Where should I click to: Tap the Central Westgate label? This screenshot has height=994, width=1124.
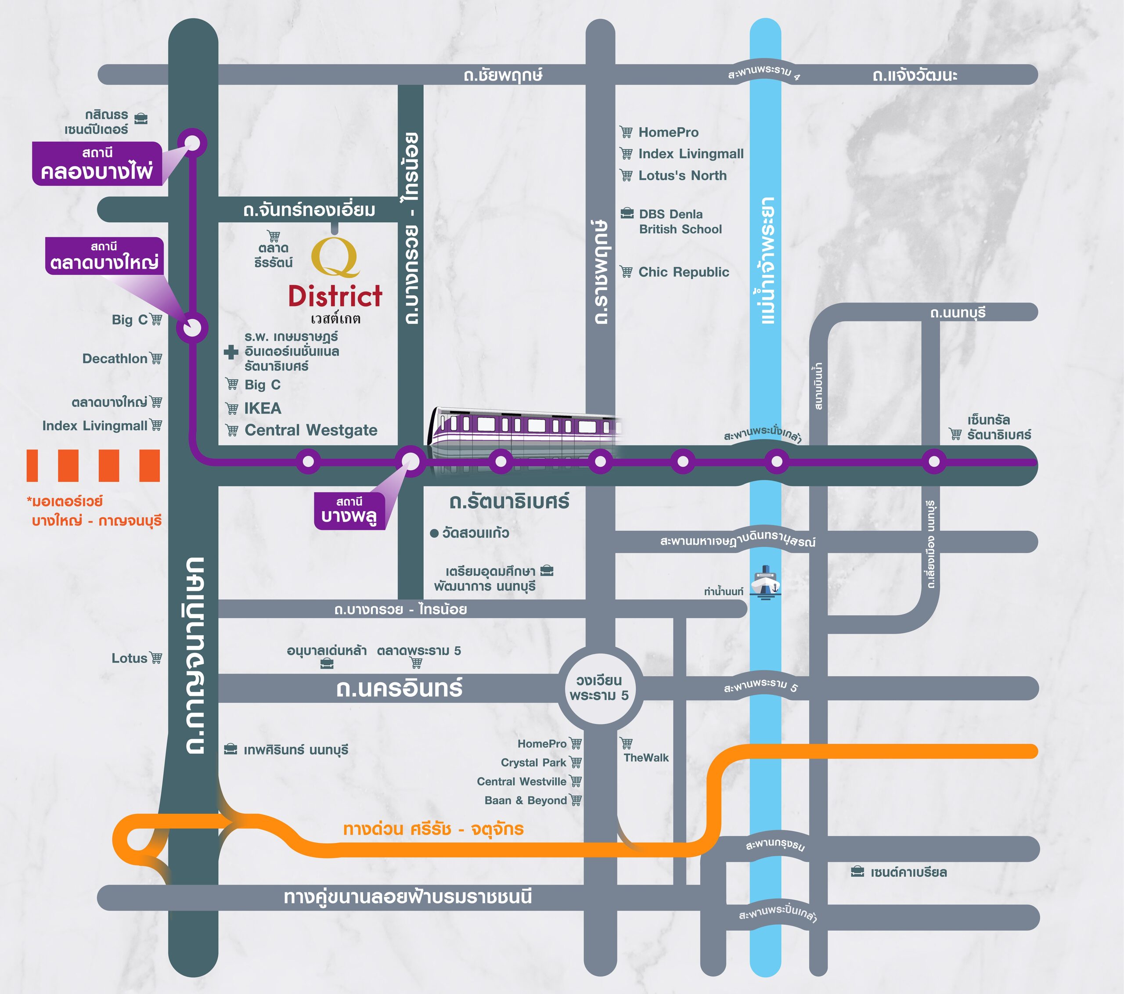[x=311, y=430]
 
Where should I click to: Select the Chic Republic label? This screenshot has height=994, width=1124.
[x=683, y=272]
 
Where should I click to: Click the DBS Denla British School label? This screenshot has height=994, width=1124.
[x=680, y=222]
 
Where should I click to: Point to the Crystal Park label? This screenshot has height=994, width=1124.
[x=533, y=763]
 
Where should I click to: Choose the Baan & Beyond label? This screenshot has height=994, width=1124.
[x=525, y=800]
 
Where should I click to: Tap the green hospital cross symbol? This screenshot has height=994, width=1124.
[x=231, y=352]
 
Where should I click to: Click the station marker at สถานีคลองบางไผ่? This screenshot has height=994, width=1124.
[x=192, y=144]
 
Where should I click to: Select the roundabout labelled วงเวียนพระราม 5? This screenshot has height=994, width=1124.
[x=599, y=688]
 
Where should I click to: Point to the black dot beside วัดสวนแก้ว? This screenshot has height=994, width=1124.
[x=434, y=533]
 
